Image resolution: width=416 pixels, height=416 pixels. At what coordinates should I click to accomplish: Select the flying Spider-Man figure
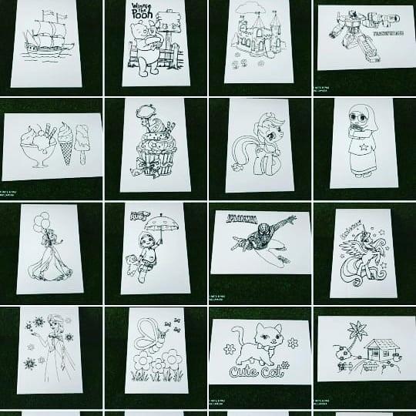click(x=266, y=240)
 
